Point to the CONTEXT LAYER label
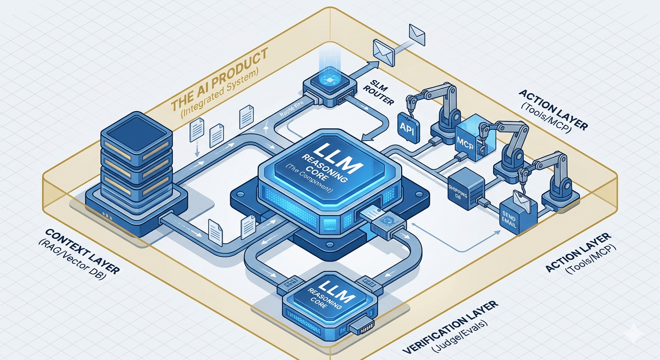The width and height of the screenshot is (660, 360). point(82,250)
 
